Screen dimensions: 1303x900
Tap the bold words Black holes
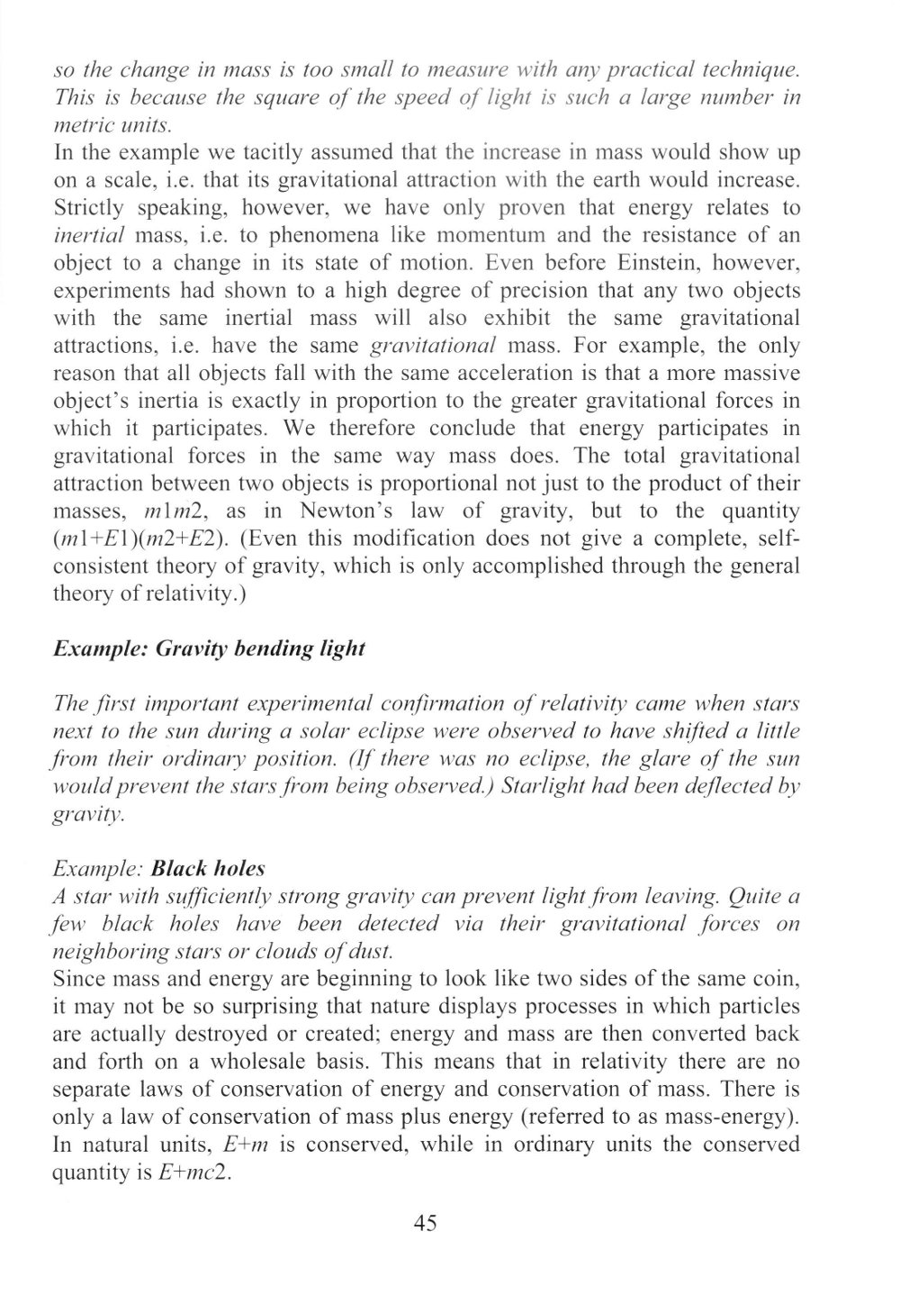point(209,869)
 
